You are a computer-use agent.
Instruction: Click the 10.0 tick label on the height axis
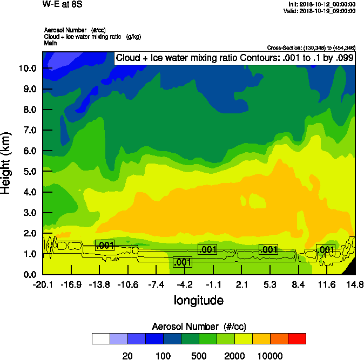[x=26, y=69]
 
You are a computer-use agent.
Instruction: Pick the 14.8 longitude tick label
[x=355, y=284]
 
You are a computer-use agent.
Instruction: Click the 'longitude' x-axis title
[x=198, y=300]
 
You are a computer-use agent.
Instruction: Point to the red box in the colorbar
[x=296, y=338]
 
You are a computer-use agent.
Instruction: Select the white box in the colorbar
[x=101, y=338]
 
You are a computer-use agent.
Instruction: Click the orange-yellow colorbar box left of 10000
[x=261, y=338]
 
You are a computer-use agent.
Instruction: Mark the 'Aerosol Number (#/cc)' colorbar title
[x=198, y=326]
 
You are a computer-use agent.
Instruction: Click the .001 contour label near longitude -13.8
[x=105, y=245]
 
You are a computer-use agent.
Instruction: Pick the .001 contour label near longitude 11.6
[x=325, y=249]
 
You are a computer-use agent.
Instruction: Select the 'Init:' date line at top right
[x=322, y=4]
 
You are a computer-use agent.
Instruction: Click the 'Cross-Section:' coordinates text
[x=311, y=48]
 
